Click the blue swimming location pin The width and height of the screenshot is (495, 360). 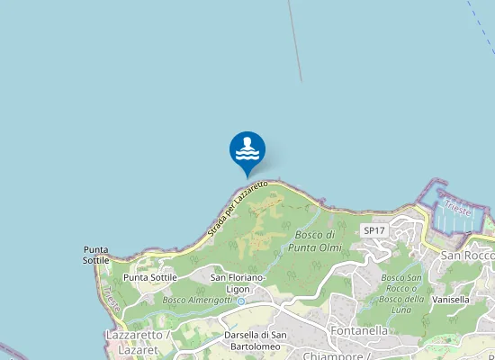(x=247, y=149)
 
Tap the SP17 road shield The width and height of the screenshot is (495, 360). (x=373, y=230)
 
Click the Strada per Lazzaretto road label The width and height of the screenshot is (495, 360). (x=238, y=209)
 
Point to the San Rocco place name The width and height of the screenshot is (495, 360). (x=466, y=255)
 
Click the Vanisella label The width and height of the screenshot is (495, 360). (x=451, y=299)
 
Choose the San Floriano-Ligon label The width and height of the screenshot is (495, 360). (x=238, y=283)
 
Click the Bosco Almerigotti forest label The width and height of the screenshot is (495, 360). (x=197, y=300)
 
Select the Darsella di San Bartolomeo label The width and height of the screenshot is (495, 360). (x=256, y=341)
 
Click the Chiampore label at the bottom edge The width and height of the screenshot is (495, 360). (x=338, y=355)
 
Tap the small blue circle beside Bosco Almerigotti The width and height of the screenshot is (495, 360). (x=240, y=302)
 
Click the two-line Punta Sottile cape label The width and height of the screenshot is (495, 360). (x=96, y=255)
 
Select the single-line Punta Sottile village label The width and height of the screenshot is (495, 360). (x=150, y=277)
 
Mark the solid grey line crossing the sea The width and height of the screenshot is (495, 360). (x=294, y=40)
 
